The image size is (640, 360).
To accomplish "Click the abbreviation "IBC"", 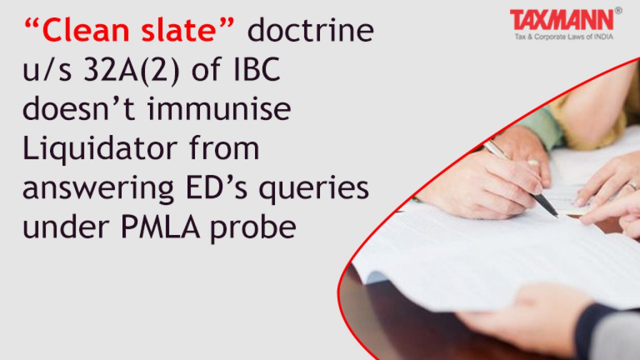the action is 256,69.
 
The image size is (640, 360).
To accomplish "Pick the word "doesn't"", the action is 79,108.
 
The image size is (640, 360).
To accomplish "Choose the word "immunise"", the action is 219,108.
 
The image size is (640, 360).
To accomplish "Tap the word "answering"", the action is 98,189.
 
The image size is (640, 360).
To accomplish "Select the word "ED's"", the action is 217,187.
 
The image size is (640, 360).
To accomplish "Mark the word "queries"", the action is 313,189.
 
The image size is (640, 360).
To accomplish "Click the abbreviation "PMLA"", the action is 160,227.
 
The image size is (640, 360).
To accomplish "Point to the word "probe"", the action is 253,228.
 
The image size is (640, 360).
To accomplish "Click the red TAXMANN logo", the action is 561,20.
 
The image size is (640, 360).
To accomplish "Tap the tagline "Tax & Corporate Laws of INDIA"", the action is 564,37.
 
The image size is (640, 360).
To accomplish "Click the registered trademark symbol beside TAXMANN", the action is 618,11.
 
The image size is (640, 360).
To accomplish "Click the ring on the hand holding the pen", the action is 533,162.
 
